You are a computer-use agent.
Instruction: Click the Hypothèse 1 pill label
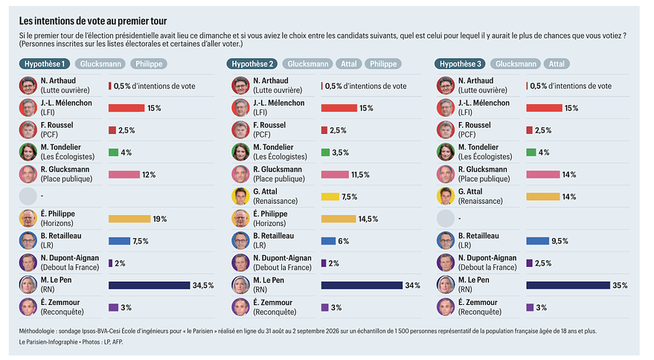point(45,64)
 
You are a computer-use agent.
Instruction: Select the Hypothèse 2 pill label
point(252,64)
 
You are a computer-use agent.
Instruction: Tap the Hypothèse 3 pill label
point(460,64)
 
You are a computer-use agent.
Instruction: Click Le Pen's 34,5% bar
point(150,286)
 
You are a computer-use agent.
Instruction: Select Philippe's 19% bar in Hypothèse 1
point(129,219)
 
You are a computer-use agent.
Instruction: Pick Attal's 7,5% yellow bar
point(330,197)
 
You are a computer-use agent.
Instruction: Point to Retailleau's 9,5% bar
point(538,241)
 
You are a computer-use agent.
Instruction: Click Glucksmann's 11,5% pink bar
point(335,175)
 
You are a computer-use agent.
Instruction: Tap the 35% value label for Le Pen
point(620,286)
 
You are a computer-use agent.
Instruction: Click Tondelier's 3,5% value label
point(340,152)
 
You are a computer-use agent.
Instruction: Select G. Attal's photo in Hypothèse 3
point(446,196)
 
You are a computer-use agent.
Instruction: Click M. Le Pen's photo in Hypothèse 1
point(28,285)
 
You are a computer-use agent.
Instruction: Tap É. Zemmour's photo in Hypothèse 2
point(240,307)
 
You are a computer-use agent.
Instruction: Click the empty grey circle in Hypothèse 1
point(28,196)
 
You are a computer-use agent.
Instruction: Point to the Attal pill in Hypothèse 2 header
point(349,64)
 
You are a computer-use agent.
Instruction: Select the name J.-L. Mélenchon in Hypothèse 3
point(484,103)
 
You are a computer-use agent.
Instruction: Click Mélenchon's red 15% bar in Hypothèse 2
point(339,109)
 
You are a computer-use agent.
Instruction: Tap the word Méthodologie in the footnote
point(36,331)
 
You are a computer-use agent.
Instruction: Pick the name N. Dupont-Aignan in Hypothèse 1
point(70,258)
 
